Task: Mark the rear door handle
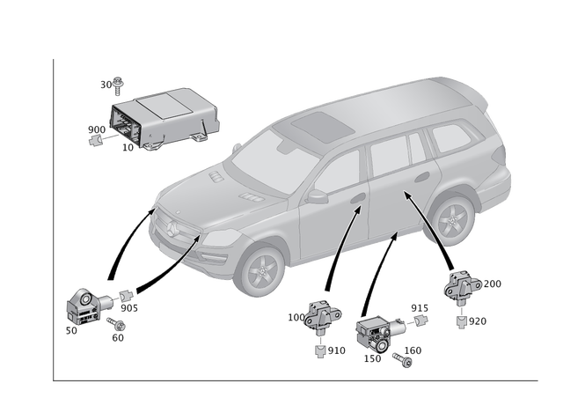423,178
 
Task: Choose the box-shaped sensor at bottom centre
375,334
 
